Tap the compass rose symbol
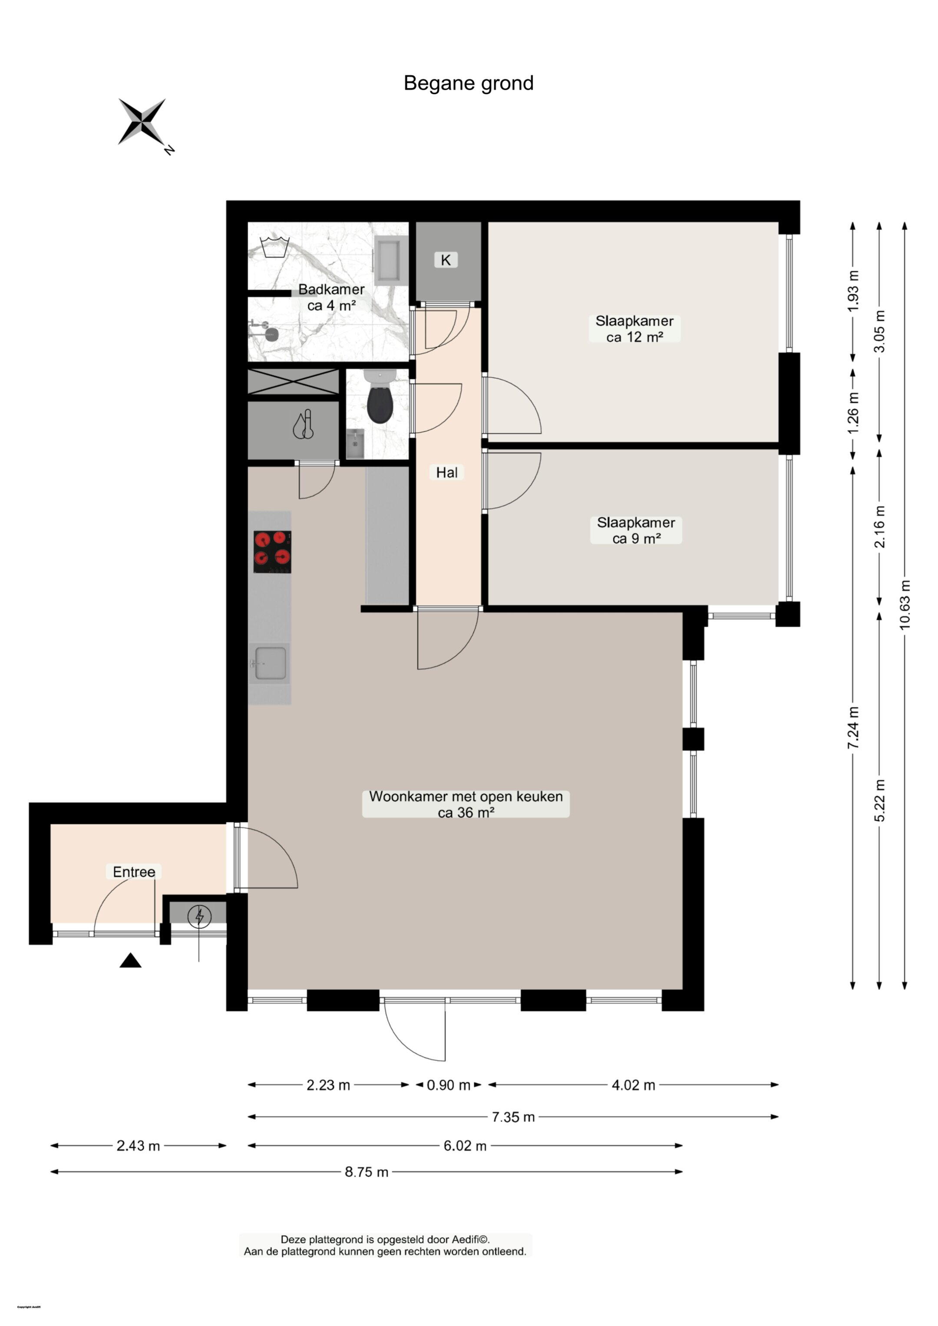[142, 122]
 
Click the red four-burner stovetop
[272, 552]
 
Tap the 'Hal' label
[446, 473]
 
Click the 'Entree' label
[134, 872]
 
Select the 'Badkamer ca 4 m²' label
[331, 298]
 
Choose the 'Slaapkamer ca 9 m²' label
[636, 530]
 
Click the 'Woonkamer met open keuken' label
[466, 797]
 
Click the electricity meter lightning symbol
[199, 916]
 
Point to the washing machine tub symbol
[274, 247]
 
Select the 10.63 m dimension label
[905, 604]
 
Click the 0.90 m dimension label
[448, 1085]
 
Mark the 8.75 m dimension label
[367, 1172]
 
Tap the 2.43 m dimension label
[138, 1146]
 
